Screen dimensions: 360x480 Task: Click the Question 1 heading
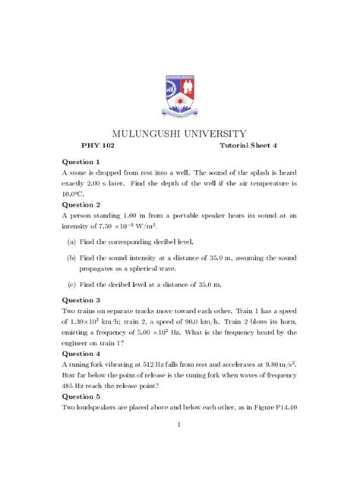click(x=81, y=163)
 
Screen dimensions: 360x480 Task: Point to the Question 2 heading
click(x=81, y=205)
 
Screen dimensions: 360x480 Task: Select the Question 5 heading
click(x=81, y=396)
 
